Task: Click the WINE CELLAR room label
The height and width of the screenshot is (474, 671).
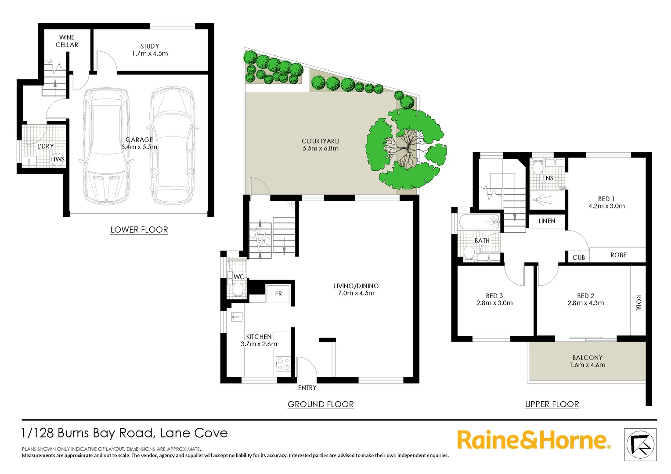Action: pos(67,41)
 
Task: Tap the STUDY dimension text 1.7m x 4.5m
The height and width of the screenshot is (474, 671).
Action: pos(150,54)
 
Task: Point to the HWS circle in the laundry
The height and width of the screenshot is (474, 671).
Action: pos(58,159)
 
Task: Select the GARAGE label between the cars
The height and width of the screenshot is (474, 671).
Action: pos(139,140)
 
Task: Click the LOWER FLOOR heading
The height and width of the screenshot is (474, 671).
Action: pos(139,230)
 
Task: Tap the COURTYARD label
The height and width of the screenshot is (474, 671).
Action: pos(321,141)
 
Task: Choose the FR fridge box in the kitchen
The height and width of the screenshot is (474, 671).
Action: pos(278,294)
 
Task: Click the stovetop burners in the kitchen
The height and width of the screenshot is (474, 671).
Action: pos(283,364)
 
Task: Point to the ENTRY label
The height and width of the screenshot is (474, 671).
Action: pos(307,388)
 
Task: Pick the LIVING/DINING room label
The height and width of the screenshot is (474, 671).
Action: pos(356,286)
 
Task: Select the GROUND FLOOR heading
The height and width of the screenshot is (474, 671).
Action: pos(321,404)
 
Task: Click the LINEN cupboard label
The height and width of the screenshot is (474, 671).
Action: pos(547,221)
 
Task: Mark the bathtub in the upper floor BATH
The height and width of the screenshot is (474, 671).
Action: pos(480,222)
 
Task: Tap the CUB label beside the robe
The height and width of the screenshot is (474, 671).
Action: pos(578,258)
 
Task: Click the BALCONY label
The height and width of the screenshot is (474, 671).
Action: pos(587,358)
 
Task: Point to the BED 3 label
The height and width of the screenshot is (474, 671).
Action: pos(494,296)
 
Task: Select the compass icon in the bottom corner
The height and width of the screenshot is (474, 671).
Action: pos(640,445)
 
